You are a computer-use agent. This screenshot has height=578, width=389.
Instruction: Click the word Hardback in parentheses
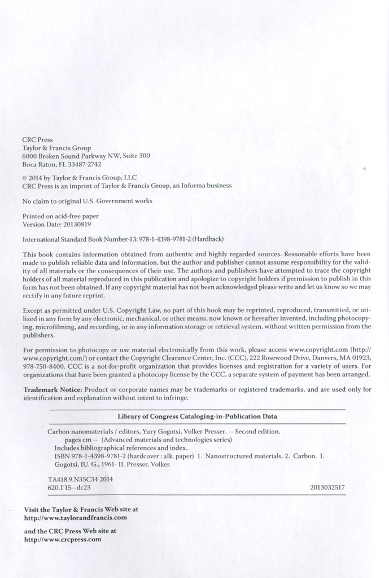(209, 239)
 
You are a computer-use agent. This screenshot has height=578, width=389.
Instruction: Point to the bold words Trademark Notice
(53, 390)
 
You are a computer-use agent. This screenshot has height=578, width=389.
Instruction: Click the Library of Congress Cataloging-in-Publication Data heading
(197, 417)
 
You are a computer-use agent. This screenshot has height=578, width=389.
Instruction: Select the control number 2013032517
(327, 487)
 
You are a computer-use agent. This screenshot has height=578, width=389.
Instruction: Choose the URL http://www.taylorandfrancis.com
(76, 517)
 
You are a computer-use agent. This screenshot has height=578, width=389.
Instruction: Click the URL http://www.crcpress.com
(63, 539)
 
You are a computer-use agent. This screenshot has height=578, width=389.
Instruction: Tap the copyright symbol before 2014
(24, 177)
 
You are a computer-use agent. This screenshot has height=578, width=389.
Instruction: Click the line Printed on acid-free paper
(60, 216)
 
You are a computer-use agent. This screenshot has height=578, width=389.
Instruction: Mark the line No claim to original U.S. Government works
(87, 201)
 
